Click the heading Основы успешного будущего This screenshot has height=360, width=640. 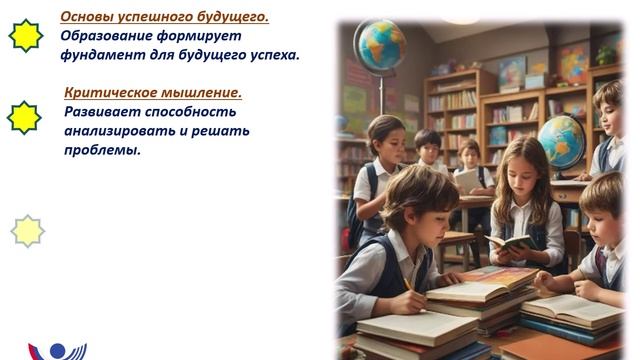click(x=164, y=17)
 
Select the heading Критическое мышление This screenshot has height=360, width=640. click(x=152, y=93)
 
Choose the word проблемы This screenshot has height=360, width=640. click(x=102, y=150)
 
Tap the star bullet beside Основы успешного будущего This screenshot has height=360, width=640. click(x=25, y=36)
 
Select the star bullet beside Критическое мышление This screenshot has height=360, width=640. click(x=25, y=117)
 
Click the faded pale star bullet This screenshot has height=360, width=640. click(x=27, y=231)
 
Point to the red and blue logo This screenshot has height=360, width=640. click(x=55, y=351)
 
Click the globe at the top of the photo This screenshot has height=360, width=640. click(x=380, y=46)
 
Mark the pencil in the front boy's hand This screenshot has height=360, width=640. click(x=407, y=284)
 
